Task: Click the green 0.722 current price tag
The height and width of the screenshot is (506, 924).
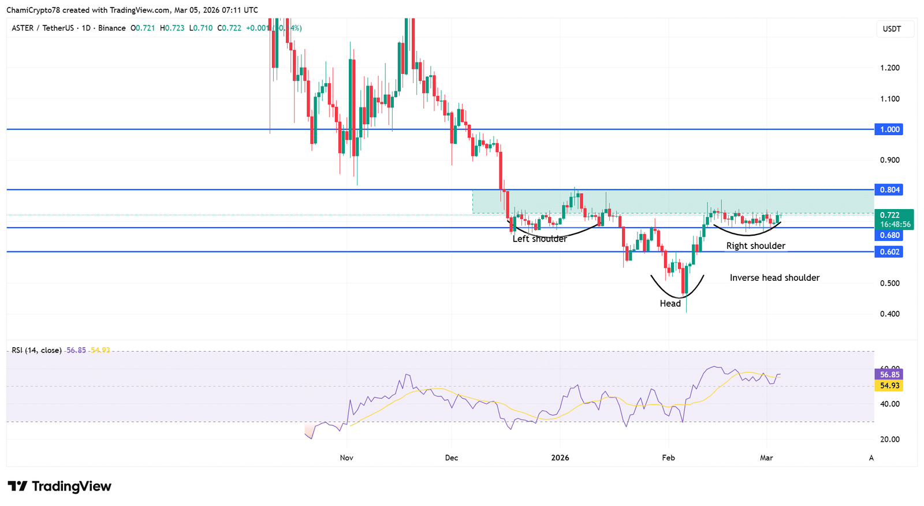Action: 890,215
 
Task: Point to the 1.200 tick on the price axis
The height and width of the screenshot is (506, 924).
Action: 890,68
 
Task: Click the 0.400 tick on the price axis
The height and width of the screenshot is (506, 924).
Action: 890,314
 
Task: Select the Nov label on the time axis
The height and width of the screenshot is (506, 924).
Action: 346,457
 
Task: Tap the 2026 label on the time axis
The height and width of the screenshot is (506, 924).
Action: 560,457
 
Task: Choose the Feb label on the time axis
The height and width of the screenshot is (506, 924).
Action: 668,457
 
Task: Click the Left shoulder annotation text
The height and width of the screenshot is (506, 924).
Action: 540,239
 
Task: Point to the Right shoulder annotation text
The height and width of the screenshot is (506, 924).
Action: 755,246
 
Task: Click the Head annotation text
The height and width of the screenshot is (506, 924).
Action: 670,304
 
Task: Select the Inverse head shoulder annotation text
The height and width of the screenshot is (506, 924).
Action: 774,278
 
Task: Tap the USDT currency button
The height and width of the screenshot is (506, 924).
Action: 892,29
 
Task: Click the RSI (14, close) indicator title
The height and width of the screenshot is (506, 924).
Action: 37,350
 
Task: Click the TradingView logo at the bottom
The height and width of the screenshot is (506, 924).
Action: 59,486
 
